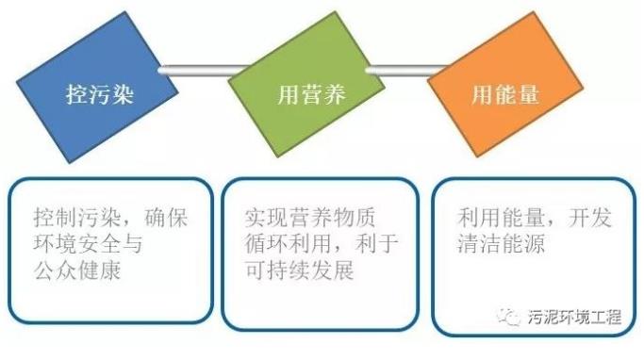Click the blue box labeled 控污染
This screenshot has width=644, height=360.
pos(97,87)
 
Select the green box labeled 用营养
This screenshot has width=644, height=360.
pos(306,84)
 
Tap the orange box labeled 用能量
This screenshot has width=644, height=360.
pos(505,84)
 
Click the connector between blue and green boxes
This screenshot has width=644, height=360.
pos(204,70)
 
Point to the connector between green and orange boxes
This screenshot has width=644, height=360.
pos(406,70)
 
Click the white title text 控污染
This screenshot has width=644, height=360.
pos(100,94)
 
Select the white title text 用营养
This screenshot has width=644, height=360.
pos(311,94)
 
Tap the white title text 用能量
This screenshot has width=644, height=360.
pos(505,94)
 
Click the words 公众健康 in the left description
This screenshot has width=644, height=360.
pos(77,270)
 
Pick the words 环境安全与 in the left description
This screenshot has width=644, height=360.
pos(88,244)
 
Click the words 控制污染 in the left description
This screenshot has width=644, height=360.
pos(77,217)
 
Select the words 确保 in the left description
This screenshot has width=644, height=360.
pos(166,217)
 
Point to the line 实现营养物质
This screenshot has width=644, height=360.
pos(310,217)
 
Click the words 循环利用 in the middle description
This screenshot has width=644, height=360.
pos(289,244)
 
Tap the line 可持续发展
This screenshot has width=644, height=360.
pos(300,270)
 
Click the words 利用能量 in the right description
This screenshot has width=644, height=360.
pos(501,217)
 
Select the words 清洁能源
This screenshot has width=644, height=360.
pos(501,244)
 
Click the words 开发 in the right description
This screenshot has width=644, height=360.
pos(590,217)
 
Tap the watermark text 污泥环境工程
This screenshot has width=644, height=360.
pos(574,317)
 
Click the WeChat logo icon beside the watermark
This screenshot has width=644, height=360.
pos(509,317)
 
